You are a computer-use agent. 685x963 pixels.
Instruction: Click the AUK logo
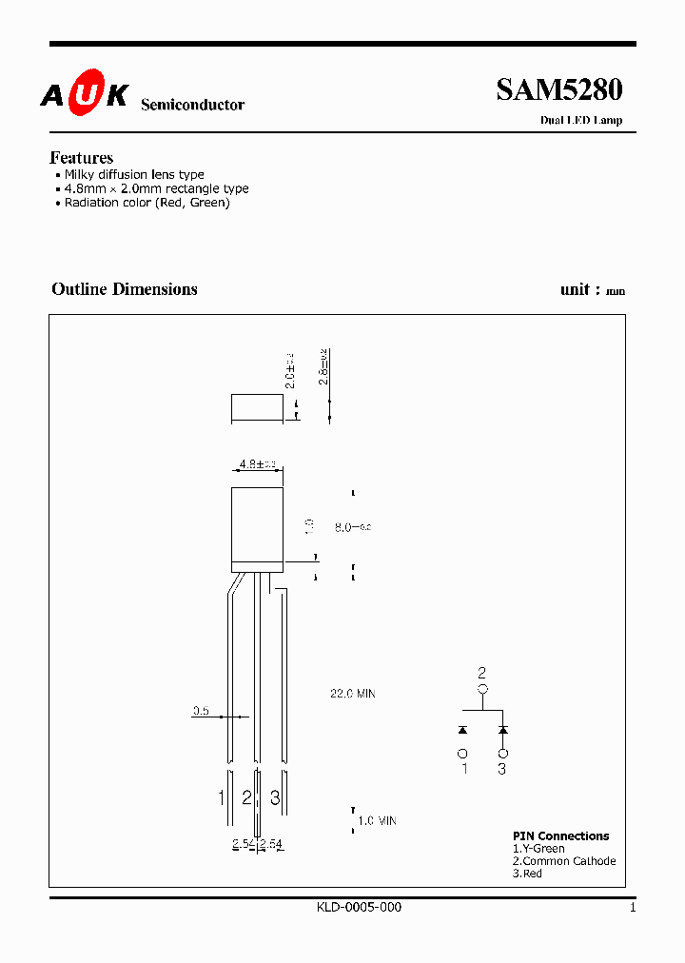point(84,95)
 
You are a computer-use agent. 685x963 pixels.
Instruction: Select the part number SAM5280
point(558,89)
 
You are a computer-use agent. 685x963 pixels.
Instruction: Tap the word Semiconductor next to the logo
point(192,105)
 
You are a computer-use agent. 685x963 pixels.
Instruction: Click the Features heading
point(81,158)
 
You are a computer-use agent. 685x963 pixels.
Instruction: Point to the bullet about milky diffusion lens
point(133,175)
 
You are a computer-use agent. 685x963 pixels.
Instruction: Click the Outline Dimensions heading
point(125,289)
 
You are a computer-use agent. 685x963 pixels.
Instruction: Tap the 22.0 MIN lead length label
point(352,694)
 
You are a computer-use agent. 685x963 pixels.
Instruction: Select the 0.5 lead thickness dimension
point(201,710)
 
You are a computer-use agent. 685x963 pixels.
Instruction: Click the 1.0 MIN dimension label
point(376,820)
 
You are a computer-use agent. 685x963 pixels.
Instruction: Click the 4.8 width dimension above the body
point(257,464)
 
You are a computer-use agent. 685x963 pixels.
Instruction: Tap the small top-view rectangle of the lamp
point(257,408)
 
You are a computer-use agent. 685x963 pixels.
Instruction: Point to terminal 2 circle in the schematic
point(482,690)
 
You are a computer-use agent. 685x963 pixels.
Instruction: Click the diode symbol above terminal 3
point(502,730)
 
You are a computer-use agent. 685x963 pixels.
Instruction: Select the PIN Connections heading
point(560,836)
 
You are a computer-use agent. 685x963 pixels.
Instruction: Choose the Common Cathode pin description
point(564,861)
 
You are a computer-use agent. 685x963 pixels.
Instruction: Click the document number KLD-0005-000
point(359,908)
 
